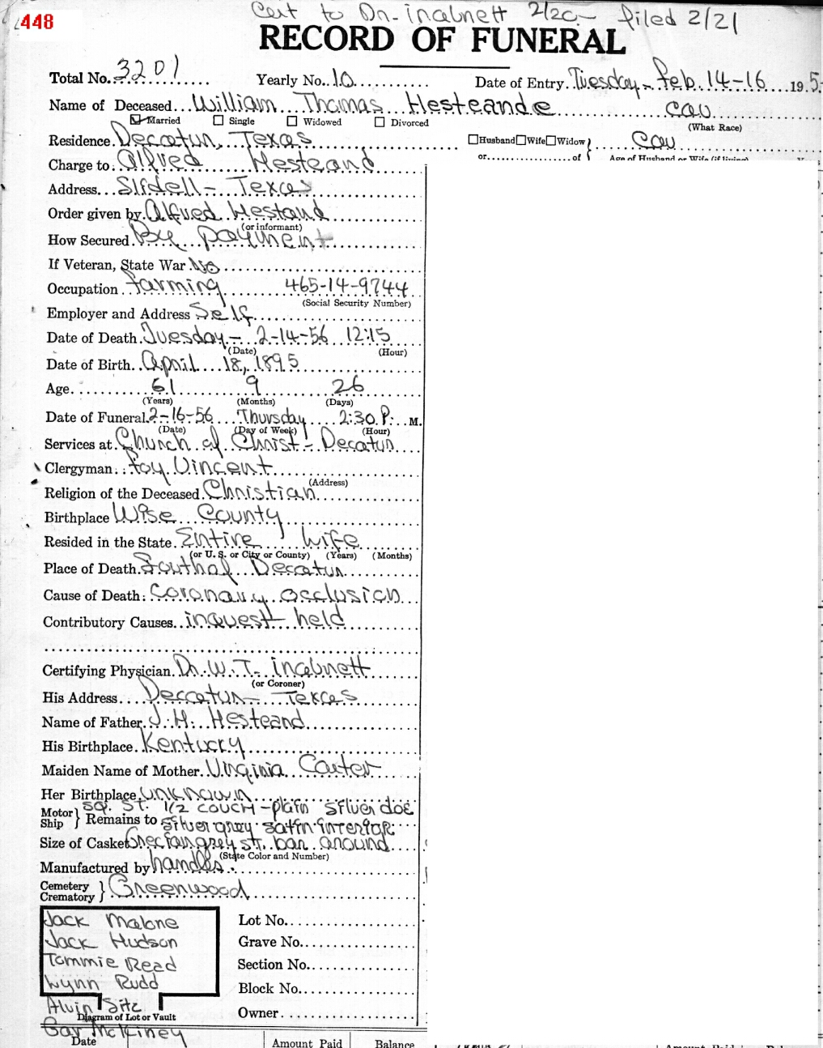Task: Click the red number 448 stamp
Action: click(x=36, y=22)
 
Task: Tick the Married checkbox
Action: click(x=135, y=119)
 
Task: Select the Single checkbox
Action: click(x=218, y=121)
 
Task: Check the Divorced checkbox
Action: click(x=380, y=122)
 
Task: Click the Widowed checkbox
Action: click(x=291, y=121)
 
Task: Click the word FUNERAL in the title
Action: click(x=548, y=40)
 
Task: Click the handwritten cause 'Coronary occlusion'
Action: click(x=275, y=595)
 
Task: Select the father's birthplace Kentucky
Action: click(x=193, y=744)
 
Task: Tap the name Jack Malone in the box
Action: click(x=111, y=922)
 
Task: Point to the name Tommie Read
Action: click(x=111, y=963)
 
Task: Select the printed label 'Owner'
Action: click(x=257, y=1012)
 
